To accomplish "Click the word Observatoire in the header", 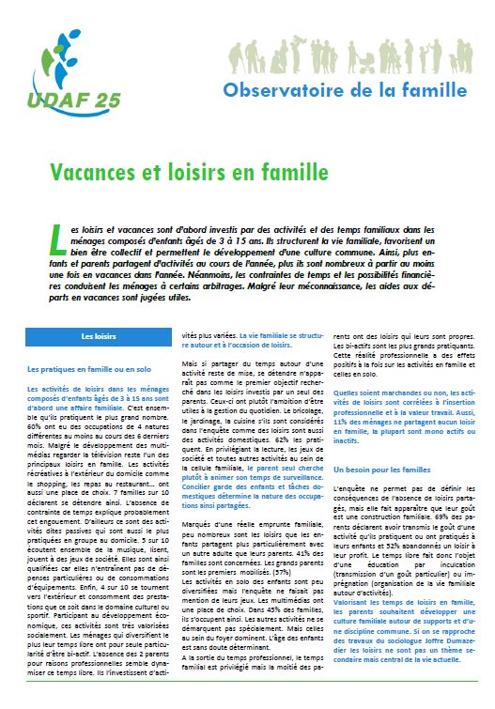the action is coord(275,89).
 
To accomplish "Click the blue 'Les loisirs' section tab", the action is coord(98,335).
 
